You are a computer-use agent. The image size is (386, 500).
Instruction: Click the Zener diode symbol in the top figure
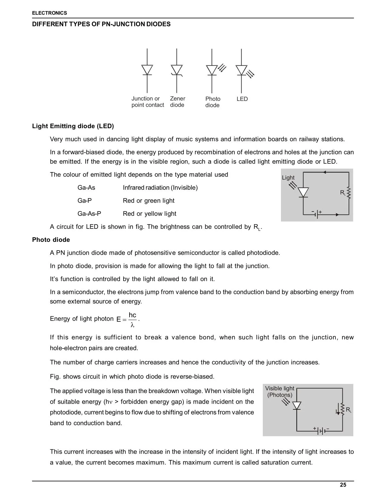tap(177, 70)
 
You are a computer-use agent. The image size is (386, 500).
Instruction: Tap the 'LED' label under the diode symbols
tap(242, 99)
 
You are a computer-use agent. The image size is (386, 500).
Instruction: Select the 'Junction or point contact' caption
tap(147, 102)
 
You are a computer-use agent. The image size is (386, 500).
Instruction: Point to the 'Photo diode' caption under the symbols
tap(213, 102)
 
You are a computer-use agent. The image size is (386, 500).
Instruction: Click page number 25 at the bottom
tap(343, 485)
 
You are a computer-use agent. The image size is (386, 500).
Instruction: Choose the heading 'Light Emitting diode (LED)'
tap(73, 126)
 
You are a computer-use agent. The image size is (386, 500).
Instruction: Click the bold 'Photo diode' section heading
tap(51, 240)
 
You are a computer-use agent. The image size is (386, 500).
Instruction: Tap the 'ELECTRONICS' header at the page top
tap(50, 13)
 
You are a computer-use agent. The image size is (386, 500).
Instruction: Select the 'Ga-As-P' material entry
tap(89, 214)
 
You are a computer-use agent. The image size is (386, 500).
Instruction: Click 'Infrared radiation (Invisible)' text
tap(160, 188)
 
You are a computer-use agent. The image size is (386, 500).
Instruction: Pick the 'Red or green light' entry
tap(149, 201)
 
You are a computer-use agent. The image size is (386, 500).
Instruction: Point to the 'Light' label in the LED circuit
tap(288, 178)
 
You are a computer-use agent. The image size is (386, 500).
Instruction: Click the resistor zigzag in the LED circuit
tap(349, 193)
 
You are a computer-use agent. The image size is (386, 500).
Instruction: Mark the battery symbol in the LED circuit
tap(317, 214)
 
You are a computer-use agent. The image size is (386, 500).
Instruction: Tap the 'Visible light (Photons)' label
tap(279, 392)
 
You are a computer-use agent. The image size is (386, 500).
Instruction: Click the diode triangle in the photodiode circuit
tap(297, 405)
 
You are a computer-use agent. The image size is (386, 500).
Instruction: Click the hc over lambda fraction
tap(132, 320)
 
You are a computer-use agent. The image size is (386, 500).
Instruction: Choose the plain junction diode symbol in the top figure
tap(147, 70)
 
